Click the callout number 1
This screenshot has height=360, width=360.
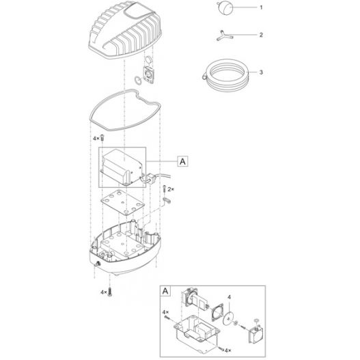(261, 8)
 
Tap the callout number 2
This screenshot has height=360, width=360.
(261, 33)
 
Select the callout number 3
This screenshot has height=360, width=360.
(261, 72)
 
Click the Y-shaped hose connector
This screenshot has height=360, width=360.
(221, 33)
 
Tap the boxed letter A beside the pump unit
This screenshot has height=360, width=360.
(182, 162)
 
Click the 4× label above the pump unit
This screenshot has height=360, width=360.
(96, 139)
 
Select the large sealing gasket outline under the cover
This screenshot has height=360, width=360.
(126, 113)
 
